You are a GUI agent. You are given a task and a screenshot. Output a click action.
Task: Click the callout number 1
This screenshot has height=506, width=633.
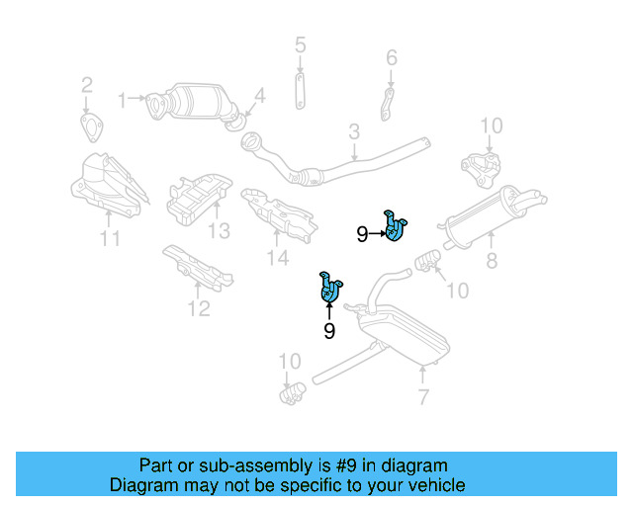pyautogui.click(x=124, y=99)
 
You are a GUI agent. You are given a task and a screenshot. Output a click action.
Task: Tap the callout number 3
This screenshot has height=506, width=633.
pyautogui.click(x=353, y=131)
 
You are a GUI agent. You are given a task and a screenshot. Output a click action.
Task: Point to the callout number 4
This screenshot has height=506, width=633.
pyautogui.click(x=260, y=96)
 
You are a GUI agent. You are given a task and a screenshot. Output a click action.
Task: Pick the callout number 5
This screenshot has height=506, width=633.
pyautogui.click(x=301, y=44)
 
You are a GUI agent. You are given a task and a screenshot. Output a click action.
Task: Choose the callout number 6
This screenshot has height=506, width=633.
pyautogui.click(x=392, y=58)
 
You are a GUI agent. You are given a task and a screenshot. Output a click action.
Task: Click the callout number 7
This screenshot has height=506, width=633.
pyautogui.click(x=422, y=397)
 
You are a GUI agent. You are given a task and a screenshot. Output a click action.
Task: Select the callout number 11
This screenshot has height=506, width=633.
pyautogui.click(x=110, y=238)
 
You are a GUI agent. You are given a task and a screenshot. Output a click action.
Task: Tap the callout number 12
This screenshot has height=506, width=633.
pyautogui.click(x=199, y=309)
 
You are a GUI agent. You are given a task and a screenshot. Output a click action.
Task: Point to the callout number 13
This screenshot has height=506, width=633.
pyautogui.click(x=219, y=230)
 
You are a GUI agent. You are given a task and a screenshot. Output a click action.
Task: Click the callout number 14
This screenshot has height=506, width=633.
pyautogui.click(x=278, y=258)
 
